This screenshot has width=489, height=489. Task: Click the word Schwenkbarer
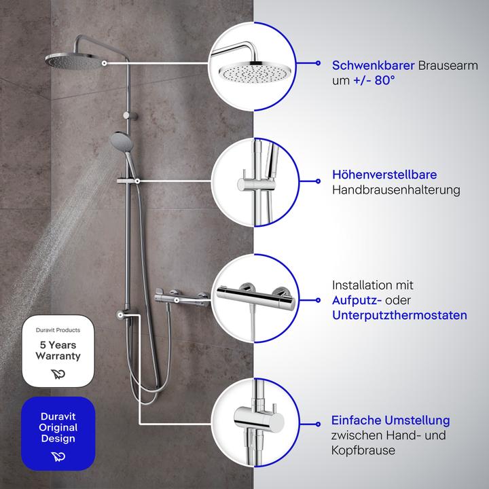(x=372, y=66)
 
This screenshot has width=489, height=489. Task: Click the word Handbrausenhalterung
(x=396, y=190)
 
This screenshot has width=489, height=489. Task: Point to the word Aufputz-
(x=355, y=300)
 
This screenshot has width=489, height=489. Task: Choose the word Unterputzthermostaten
(x=399, y=316)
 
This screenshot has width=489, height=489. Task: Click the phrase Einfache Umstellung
(x=391, y=420)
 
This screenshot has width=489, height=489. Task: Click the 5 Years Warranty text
(x=58, y=350)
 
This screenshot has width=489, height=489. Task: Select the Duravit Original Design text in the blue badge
(x=58, y=428)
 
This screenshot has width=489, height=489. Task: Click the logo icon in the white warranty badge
(x=58, y=374)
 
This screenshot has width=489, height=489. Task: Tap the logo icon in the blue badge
(x=58, y=456)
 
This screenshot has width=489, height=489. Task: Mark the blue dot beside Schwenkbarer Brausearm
(x=318, y=62)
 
